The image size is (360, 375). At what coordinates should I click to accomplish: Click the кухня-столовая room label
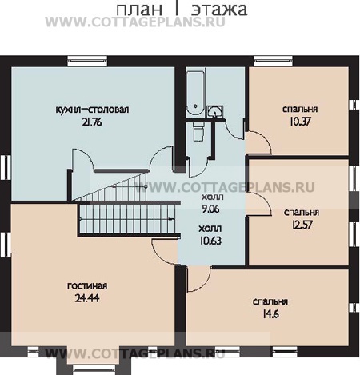coord(92,110)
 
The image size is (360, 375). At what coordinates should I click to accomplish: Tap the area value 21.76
coord(92,122)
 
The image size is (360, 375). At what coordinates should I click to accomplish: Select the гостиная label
coord(87,285)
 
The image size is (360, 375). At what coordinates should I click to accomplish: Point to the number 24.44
coord(87,298)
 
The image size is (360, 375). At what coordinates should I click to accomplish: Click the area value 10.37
coord(300,122)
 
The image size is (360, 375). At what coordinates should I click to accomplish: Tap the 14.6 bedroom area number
coord(270,314)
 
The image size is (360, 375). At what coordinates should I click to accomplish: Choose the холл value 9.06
coord(210,209)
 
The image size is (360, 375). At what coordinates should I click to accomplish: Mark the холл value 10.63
coord(210,241)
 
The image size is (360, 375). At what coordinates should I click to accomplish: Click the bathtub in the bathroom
coord(195,93)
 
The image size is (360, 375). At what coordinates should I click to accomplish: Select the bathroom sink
coord(215,111)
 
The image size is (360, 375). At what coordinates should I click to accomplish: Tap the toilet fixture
coord(198,132)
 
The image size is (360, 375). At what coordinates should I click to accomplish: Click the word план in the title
coord(139,9)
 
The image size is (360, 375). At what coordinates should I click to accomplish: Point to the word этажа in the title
coord(219,10)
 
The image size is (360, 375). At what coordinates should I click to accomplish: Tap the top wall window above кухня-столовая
coord(87,61)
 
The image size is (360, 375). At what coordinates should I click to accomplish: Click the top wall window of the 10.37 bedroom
coord(273,61)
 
